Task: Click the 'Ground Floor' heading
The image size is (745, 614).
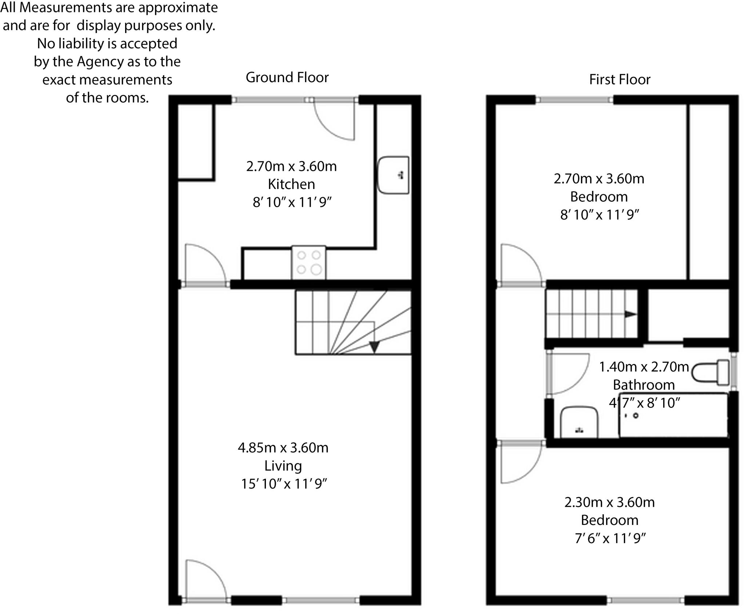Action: click(287, 77)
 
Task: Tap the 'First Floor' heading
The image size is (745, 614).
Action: click(619, 80)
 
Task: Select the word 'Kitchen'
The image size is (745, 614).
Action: click(291, 184)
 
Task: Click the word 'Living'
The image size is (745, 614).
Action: click(283, 466)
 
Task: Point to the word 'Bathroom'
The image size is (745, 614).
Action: click(644, 385)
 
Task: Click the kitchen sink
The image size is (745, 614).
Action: click(393, 175)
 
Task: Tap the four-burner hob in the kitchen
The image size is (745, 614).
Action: click(308, 262)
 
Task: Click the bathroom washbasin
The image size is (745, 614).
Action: click(579, 423)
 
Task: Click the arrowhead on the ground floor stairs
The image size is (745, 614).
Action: click(374, 347)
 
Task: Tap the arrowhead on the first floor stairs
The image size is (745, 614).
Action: click(630, 314)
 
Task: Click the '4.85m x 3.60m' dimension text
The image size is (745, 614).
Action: click(283, 448)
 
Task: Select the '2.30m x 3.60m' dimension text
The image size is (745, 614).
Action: click(609, 502)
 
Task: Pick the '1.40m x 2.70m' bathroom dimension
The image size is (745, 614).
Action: click(644, 367)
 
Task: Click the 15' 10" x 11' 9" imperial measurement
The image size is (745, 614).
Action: click(284, 484)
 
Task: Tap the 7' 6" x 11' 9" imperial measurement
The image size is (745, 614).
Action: click(610, 538)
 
